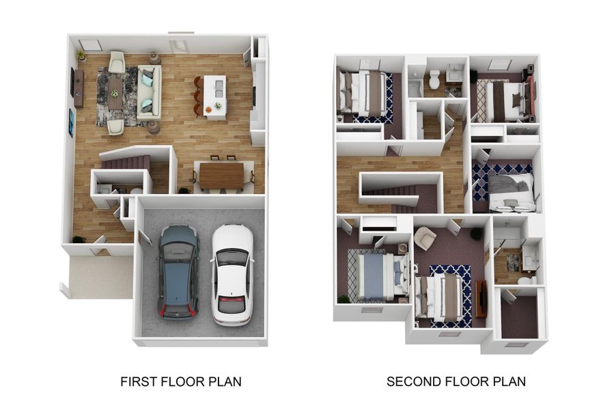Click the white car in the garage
click(232, 275)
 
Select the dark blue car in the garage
click(178, 271)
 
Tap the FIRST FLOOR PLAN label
click(181, 382)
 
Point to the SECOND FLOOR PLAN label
click(456, 382)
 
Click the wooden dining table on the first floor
click(221, 176)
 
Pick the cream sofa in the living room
click(149, 92)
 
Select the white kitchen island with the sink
click(214, 97)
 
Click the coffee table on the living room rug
click(115, 93)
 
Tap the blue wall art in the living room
click(71, 122)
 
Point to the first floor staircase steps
click(126, 162)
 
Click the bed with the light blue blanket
click(377, 277)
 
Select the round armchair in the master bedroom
click(425, 238)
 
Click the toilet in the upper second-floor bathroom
click(434, 79)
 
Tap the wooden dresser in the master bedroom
click(481, 299)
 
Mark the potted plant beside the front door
click(79, 239)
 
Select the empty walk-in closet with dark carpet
click(519, 316)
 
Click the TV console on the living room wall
click(79, 89)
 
